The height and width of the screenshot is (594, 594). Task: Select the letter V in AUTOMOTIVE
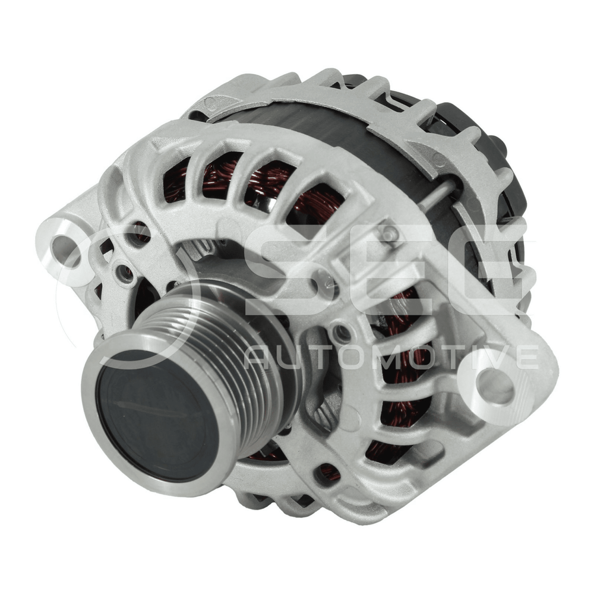coord(494,357)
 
